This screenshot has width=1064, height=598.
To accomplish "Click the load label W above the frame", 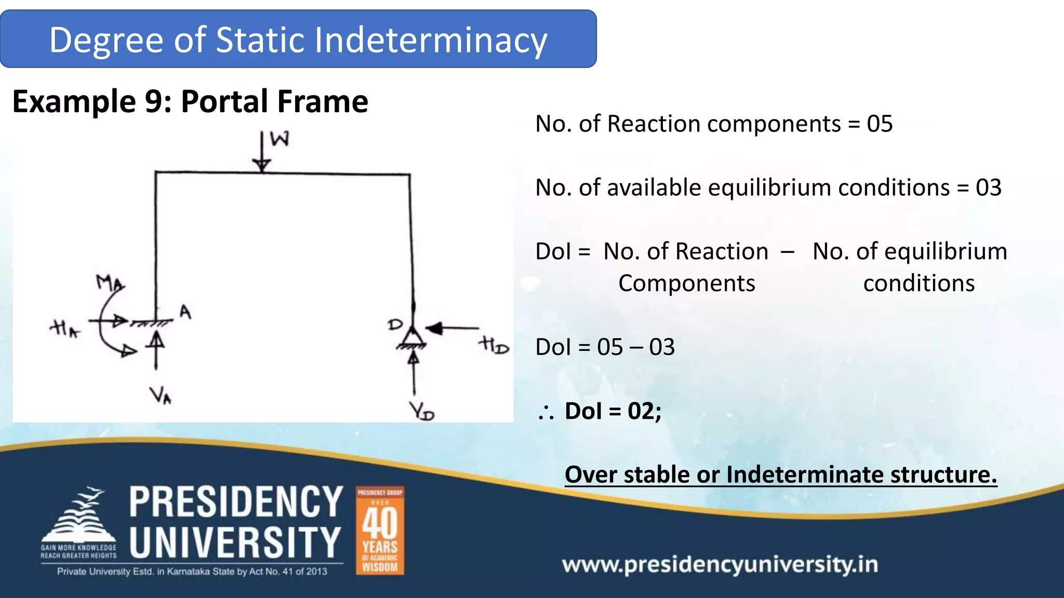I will (x=280, y=139).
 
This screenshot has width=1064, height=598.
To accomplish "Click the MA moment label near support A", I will (x=110, y=283).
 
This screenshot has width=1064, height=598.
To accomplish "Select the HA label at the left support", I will (x=65, y=329).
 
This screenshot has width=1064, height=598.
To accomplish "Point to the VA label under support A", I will (x=161, y=396).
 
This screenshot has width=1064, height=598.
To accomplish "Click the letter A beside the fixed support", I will (x=185, y=312).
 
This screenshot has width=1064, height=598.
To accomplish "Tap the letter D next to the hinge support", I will (x=395, y=325).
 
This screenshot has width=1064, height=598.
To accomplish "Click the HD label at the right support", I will (x=493, y=345).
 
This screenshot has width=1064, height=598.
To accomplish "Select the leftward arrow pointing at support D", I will (x=451, y=328).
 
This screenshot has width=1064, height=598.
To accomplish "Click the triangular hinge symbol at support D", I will (x=413, y=337).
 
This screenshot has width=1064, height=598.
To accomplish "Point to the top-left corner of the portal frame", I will (x=156, y=172).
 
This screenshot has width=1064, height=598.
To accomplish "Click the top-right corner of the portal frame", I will (x=409, y=175).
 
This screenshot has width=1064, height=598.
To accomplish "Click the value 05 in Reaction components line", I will (x=879, y=124).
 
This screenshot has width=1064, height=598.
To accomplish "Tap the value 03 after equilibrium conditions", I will (x=988, y=188).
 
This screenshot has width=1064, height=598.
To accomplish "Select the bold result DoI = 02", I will (x=613, y=411).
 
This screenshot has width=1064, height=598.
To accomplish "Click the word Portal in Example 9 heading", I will (x=224, y=101).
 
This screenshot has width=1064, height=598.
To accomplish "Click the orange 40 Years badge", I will (x=380, y=531).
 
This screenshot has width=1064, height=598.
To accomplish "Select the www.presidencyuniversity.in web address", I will (x=720, y=564).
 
